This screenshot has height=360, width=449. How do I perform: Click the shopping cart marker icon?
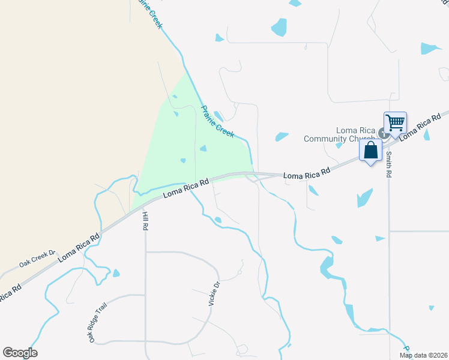click(396, 123)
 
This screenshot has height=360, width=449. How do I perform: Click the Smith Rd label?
click(389, 164)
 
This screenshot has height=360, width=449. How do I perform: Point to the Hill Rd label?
click(145, 221)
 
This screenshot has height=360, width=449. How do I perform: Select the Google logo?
click(20, 353)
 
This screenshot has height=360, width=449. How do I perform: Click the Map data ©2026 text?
click(423, 355)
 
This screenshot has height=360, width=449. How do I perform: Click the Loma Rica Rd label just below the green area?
click(186, 187)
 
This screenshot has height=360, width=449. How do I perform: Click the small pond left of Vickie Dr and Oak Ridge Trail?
click(116, 273)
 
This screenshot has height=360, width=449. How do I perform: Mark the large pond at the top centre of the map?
click(279, 27)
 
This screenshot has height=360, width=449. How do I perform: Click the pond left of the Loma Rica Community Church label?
click(282, 137)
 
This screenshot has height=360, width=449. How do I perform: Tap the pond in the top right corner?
click(429, 48)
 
